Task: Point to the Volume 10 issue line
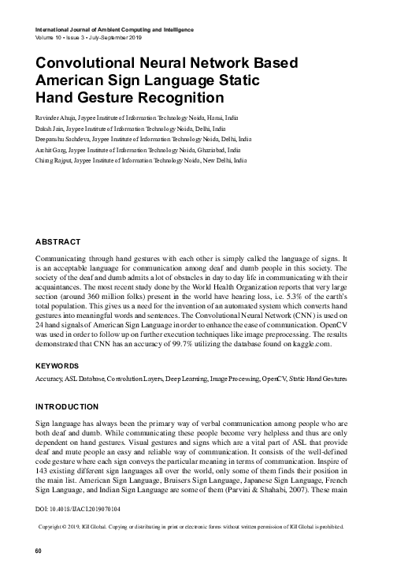coord(87,39)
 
